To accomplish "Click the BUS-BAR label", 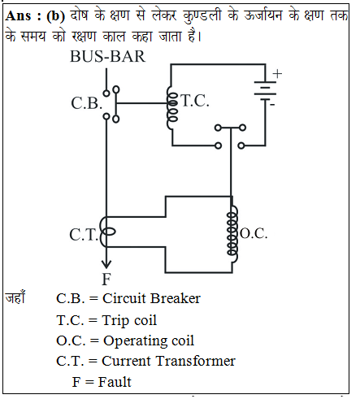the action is (x=108, y=56).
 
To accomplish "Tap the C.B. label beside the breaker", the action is (x=87, y=103).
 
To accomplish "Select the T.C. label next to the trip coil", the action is (x=195, y=101).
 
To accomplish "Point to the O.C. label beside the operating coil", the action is (x=254, y=233).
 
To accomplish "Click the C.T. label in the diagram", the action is (x=84, y=235).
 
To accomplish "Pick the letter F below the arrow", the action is (x=106, y=279).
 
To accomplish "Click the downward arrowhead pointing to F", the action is (x=106, y=264).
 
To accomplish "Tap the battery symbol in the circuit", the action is (x=265, y=91).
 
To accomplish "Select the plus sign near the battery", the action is (x=277, y=73).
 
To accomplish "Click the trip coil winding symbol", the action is (x=171, y=108).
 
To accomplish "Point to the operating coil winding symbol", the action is (x=232, y=233).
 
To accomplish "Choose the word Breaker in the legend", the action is (x=176, y=298).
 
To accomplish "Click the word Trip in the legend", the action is (x=115, y=320).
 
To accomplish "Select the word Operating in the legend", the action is (x=137, y=341).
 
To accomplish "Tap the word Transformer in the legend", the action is (x=196, y=361).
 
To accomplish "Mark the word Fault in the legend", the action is (x=115, y=382).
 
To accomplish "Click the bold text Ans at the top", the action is (x=18, y=15).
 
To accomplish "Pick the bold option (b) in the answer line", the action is (x=56, y=16).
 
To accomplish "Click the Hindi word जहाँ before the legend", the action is (x=15, y=297).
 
